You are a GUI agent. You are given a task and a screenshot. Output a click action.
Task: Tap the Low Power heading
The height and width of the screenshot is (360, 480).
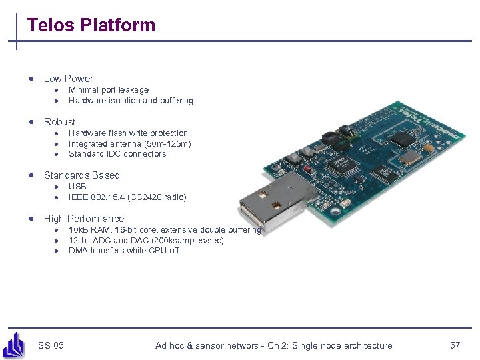click(68, 79)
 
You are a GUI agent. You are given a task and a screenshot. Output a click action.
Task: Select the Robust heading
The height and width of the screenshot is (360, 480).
click(59, 122)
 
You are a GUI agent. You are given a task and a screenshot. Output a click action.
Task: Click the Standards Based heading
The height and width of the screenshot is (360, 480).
click(81, 175)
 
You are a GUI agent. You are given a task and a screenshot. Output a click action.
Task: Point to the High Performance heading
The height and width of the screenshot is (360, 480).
click(83, 219)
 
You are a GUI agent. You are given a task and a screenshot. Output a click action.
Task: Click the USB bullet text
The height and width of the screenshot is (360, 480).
click(77, 187)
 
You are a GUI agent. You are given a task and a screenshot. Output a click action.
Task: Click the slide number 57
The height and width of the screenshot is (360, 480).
click(455, 345)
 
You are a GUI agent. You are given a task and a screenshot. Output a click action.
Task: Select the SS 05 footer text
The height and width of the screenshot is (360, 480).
click(51, 345)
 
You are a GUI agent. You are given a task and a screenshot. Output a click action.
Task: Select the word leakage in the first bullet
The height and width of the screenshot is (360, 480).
click(133, 90)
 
